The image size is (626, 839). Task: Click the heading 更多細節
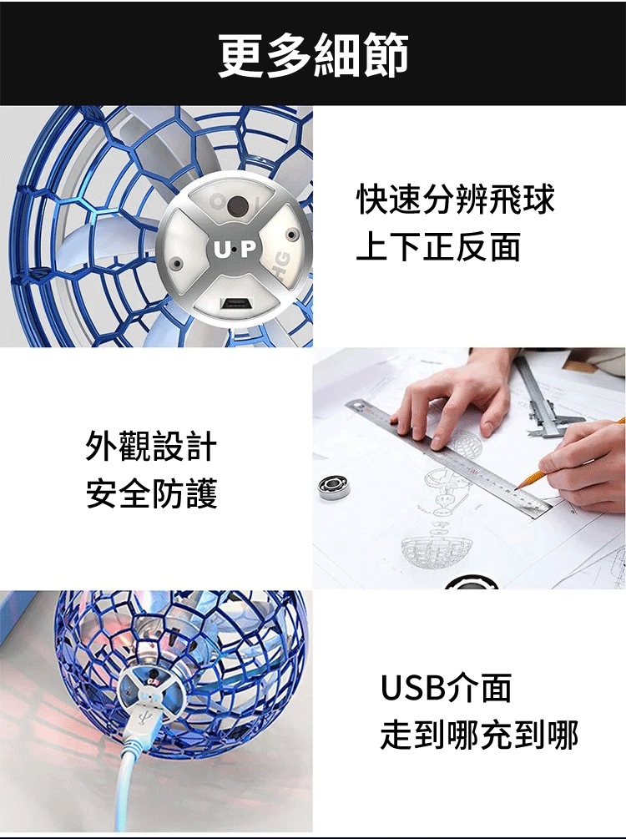tap(313, 55)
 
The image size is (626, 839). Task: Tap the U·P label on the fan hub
tap(235, 249)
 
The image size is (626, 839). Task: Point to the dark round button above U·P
tap(238, 205)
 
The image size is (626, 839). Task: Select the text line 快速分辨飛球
tap(456, 199)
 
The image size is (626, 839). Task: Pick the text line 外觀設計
tap(151, 446)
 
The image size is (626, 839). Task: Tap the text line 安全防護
tap(151, 493)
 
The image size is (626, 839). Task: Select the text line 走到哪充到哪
tap(479, 735)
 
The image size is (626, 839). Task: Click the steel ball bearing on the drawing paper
tap(334, 488)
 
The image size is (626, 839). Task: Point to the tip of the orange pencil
tap(517, 488)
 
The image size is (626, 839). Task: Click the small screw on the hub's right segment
tap(291, 235)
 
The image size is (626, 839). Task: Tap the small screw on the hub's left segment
tap(177, 263)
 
